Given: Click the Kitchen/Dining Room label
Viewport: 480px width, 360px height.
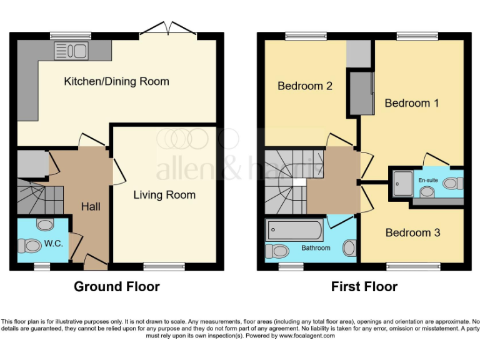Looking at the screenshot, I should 116,81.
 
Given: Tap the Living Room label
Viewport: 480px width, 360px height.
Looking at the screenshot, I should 164,195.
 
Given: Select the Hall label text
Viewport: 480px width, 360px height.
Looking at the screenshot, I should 91,206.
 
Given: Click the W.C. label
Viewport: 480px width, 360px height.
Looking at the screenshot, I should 54,244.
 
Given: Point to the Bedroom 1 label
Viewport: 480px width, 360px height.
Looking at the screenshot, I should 411,103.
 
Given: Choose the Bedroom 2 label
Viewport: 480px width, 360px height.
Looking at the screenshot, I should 305,86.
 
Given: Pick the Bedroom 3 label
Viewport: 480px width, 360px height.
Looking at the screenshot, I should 412,232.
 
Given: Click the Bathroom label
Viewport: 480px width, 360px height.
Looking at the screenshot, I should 316,248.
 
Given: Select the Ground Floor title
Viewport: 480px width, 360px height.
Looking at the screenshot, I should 117,287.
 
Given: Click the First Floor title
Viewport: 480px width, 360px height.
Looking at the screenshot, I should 364,287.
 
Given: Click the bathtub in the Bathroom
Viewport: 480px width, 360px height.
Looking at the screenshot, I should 294,231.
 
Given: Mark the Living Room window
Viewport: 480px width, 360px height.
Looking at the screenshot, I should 155,267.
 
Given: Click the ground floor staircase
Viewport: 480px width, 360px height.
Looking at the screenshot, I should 41,194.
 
